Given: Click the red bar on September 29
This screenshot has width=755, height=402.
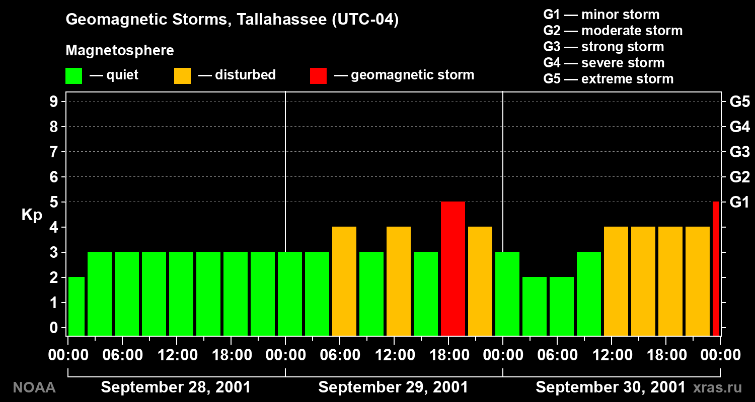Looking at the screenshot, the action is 452,268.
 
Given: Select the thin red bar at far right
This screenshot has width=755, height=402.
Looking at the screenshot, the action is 716,268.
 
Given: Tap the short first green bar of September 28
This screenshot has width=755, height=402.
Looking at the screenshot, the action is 77,306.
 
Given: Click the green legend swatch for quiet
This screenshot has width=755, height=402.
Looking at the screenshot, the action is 74,76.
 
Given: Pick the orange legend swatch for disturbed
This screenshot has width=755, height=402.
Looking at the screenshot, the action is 182,76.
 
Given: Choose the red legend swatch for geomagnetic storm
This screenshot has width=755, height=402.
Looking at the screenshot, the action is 318,76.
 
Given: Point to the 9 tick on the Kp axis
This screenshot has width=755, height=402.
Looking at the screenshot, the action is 53,102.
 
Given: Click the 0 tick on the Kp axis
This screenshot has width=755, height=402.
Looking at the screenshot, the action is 53,327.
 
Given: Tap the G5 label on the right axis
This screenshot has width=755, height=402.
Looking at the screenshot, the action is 739,102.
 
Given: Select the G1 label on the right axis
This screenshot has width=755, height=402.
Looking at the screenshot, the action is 739,202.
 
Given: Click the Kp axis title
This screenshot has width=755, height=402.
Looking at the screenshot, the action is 32,215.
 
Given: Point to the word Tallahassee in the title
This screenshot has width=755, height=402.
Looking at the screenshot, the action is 282,19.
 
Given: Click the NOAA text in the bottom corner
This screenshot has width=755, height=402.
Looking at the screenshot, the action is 34,387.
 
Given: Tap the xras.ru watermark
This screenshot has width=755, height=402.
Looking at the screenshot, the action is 718,387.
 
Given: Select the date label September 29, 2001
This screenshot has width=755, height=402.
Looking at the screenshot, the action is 393,387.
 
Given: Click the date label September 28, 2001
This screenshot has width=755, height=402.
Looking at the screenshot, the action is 176,387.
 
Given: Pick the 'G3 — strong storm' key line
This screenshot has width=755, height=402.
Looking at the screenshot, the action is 603,47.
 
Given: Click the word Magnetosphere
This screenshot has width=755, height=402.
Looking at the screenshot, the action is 120,50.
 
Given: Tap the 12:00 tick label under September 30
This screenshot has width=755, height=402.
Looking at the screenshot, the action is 613,355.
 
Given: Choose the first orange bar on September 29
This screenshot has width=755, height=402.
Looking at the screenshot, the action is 344,281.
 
